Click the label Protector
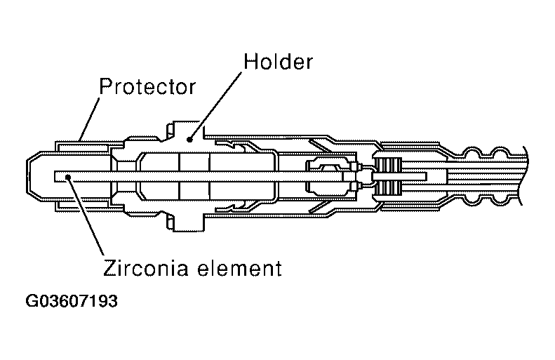pos(147,86)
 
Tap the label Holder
pos(279,62)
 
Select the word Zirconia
pos(145,267)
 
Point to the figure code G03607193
pos(72,301)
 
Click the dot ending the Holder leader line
pos(189,140)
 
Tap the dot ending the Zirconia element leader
pos(67,177)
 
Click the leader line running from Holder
pos(215,105)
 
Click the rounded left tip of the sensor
pos(28,176)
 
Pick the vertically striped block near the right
pos(388,176)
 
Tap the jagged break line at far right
pos(524,176)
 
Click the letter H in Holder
pos(250,62)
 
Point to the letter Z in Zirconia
pos(109,267)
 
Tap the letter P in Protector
pos(105,86)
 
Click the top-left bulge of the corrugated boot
pos(472,152)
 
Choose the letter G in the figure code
pos(32,301)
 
